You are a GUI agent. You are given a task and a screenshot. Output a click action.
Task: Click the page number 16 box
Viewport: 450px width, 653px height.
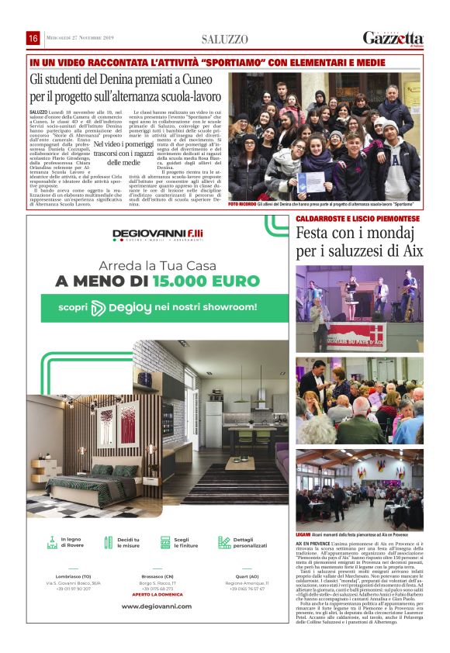pos(33,38)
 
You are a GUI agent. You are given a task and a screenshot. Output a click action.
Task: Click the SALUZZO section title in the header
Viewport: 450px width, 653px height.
pos(225,39)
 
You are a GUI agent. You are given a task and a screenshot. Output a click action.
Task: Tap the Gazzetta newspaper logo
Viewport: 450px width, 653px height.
pos(393,38)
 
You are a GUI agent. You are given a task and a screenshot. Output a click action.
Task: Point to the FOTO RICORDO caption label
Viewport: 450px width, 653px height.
pos(242,204)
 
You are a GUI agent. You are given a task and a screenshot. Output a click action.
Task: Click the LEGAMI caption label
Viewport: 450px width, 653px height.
pos(303,534)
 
